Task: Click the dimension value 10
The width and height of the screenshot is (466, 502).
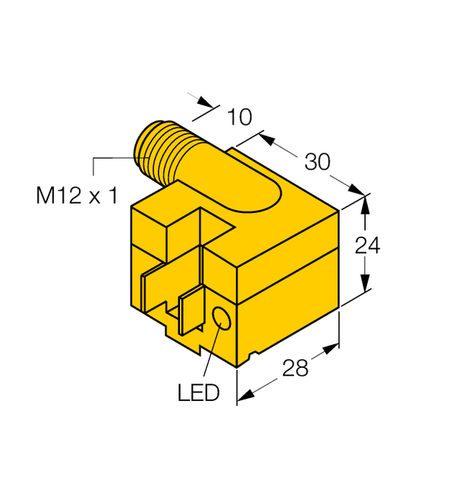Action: pos(240,116)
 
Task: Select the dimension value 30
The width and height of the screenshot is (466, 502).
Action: pos(317,161)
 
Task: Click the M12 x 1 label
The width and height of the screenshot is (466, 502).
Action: pos(77,196)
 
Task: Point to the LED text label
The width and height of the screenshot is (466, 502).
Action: pos(198,392)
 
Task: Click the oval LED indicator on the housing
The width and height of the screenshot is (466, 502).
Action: pos(221,318)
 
